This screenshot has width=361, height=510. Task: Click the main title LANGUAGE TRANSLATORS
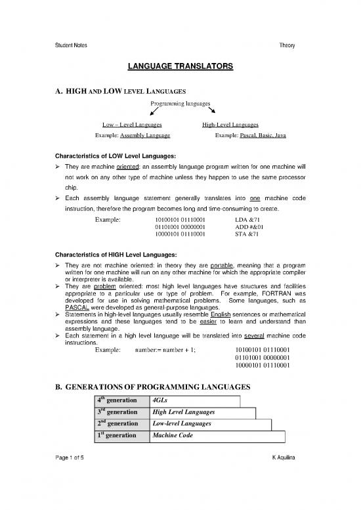tap(180, 68)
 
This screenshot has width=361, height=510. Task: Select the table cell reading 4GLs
tap(160, 400)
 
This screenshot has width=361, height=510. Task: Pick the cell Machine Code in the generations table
tap(172, 436)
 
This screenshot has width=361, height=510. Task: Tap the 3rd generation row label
tap(117, 412)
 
